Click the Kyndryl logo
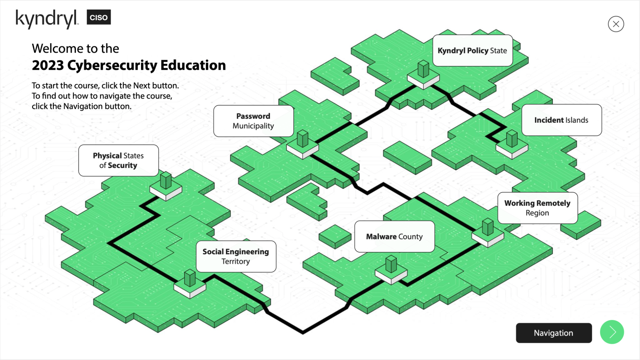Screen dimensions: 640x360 click(47, 19)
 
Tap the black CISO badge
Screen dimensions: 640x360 click(99, 17)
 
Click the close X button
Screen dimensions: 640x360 click(616, 24)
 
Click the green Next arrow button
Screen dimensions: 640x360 click(612, 332)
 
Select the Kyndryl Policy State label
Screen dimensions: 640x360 click(473, 51)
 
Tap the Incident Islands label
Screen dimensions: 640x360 click(562, 120)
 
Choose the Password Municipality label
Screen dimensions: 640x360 click(254, 121)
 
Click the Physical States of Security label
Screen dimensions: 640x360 click(119, 160)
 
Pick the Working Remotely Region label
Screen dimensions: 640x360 click(538, 208)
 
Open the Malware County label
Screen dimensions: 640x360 click(395, 237)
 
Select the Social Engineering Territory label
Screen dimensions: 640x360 click(236, 256)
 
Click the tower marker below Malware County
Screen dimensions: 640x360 click(391, 270)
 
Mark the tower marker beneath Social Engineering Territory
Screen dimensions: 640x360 click(190, 284)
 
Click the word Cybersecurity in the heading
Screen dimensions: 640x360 click(112, 66)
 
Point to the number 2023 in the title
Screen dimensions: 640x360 click(48, 65)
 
